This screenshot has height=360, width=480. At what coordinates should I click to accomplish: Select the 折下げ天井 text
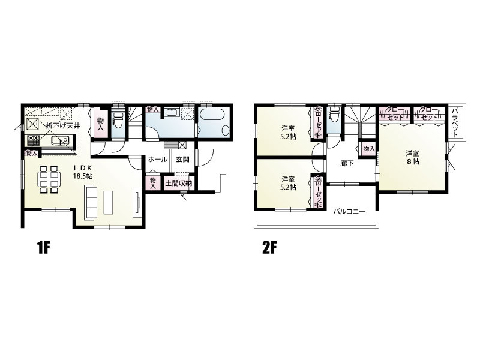click(63, 125)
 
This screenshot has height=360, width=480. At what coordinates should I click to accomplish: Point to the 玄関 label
click(183, 160)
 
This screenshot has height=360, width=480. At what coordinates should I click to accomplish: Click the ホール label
click(158, 160)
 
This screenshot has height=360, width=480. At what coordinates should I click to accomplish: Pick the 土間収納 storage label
click(179, 184)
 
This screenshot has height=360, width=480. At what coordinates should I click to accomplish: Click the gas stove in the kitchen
click(34, 140)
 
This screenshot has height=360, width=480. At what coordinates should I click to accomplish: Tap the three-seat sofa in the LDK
click(91, 202)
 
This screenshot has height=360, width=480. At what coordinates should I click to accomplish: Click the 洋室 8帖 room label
click(413, 157)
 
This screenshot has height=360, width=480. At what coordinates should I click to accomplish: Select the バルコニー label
click(349, 212)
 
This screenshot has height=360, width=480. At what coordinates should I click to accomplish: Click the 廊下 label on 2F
click(347, 163)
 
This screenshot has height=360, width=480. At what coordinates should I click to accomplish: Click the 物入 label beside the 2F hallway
click(369, 149)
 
